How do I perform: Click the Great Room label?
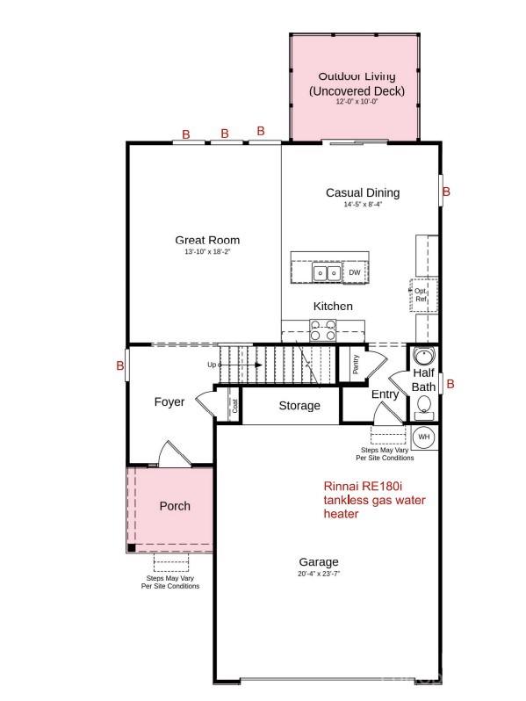[x=207, y=240]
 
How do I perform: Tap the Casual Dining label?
[x=362, y=193]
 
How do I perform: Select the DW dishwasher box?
[x=355, y=273]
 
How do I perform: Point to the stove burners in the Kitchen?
[x=321, y=329]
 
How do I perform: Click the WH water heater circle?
[x=423, y=437]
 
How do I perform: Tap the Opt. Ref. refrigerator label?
[x=421, y=295]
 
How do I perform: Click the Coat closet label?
[x=235, y=407]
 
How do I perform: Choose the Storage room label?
[x=299, y=406]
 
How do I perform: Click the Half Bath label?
[x=423, y=380]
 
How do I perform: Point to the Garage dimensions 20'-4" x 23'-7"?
[x=318, y=574]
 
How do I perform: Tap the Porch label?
[x=175, y=506]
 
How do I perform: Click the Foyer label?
[x=169, y=402]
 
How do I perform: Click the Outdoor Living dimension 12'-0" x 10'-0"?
[x=357, y=102]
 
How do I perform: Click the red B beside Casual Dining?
[x=446, y=192]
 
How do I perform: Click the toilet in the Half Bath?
[x=423, y=404]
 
